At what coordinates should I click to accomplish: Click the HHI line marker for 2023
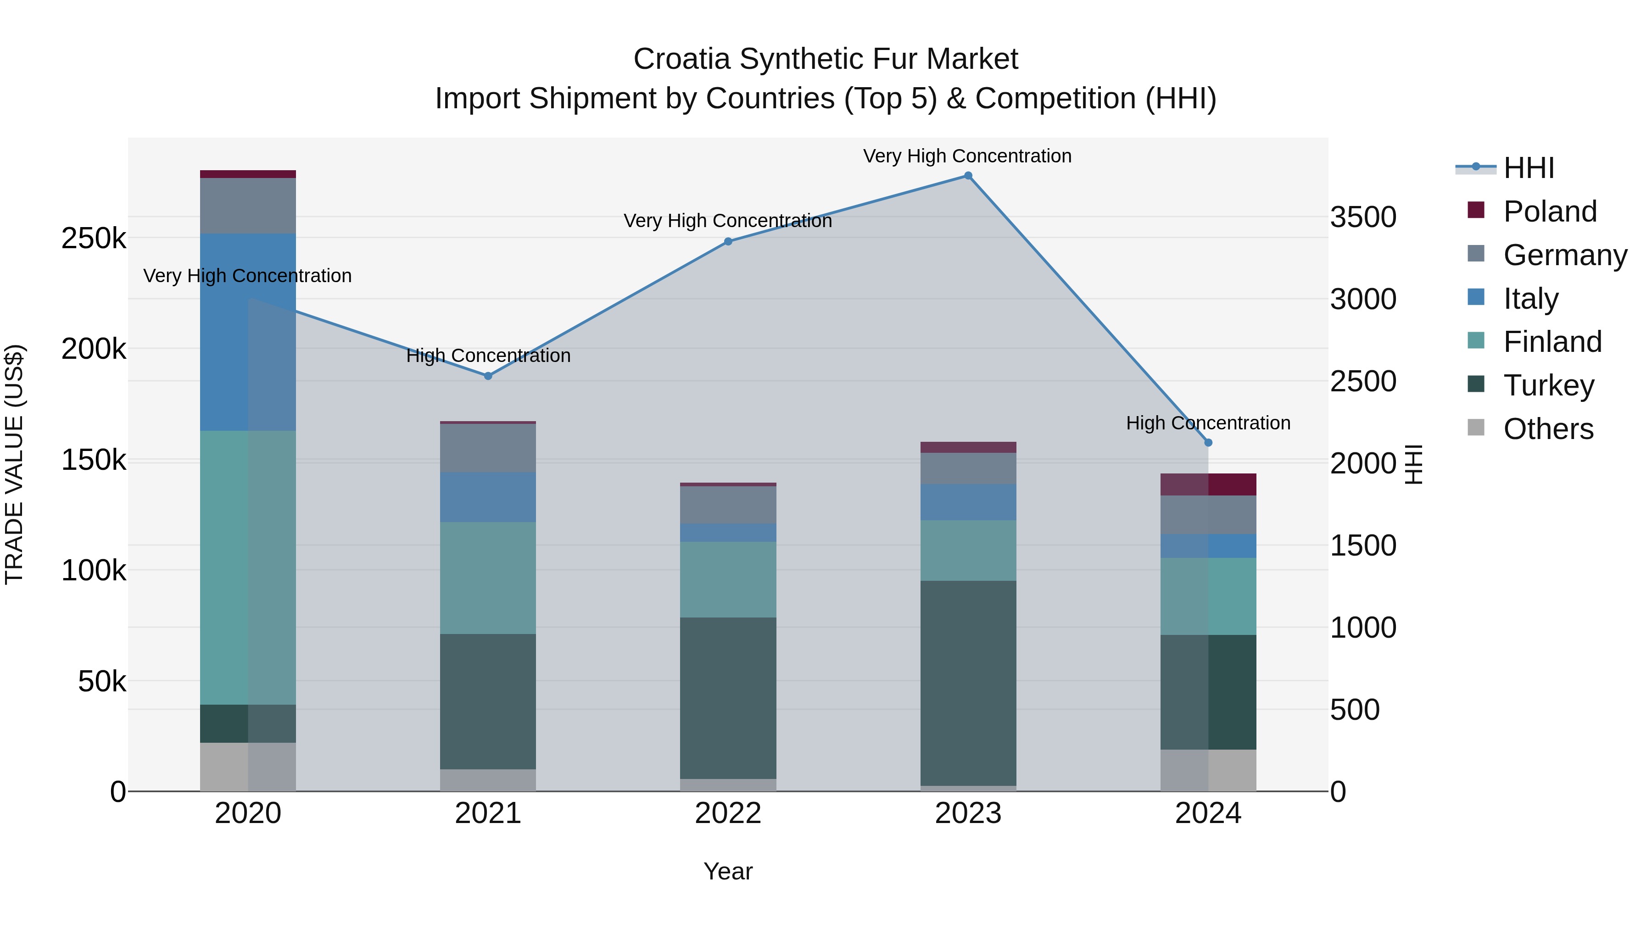[x=968, y=176]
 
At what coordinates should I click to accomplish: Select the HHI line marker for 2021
[x=488, y=376]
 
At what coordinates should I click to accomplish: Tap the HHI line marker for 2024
[x=1208, y=442]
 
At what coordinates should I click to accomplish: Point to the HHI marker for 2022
[x=728, y=242]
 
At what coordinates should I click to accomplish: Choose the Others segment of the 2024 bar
[x=1208, y=769]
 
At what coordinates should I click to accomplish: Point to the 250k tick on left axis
[x=94, y=239]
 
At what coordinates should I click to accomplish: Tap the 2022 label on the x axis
[x=728, y=813]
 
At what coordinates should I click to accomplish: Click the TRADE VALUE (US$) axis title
[x=14, y=464]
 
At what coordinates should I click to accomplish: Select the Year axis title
[x=728, y=871]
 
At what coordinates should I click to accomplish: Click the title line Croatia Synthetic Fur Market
[x=826, y=59]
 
